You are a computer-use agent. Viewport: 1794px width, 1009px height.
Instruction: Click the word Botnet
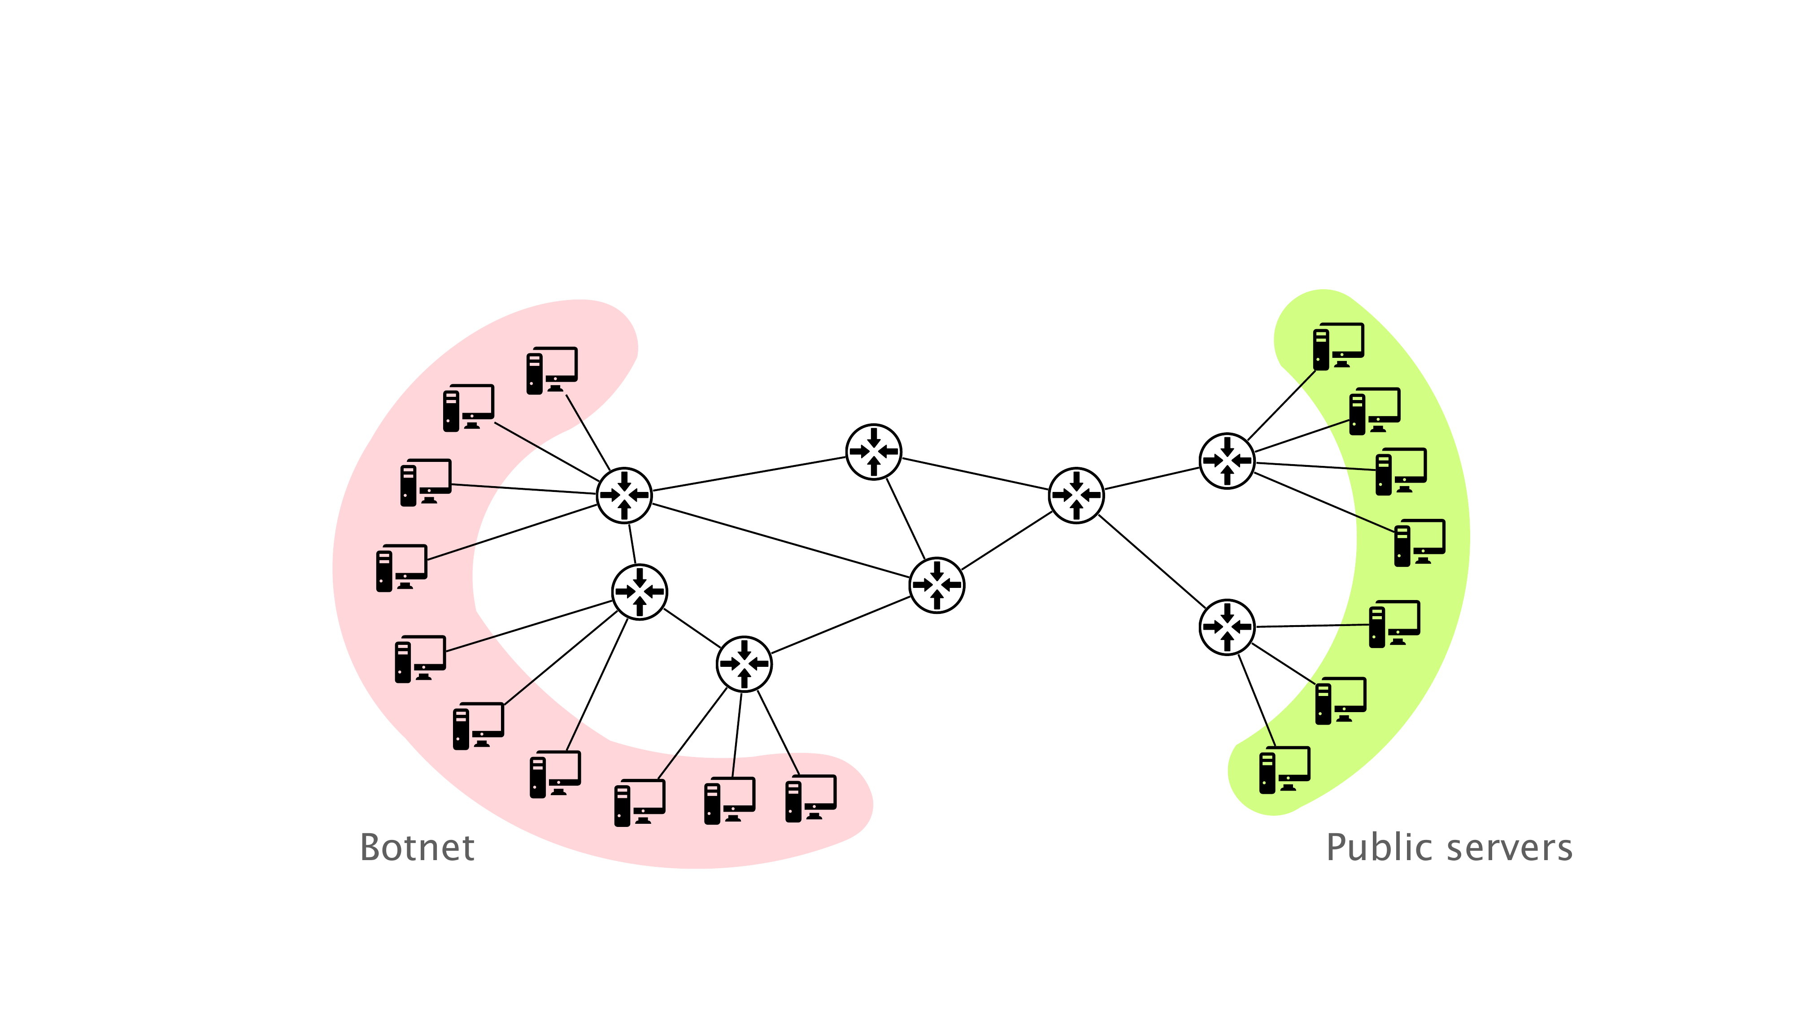pos(417,848)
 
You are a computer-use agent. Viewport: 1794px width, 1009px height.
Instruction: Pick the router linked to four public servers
pos(1227,461)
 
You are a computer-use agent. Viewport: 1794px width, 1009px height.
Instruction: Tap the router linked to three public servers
pos(1227,627)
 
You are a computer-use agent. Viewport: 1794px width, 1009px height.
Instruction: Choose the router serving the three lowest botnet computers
pos(744,664)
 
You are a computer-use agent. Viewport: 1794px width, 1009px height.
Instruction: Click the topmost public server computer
pos(1338,347)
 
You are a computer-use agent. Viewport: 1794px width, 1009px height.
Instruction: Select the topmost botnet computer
pos(552,370)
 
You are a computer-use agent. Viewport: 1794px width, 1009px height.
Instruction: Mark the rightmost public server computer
pos(1420,543)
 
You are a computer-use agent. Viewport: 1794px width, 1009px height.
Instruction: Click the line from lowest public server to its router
pos(1258,700)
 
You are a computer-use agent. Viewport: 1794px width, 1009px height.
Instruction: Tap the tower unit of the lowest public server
pos(1267,773)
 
